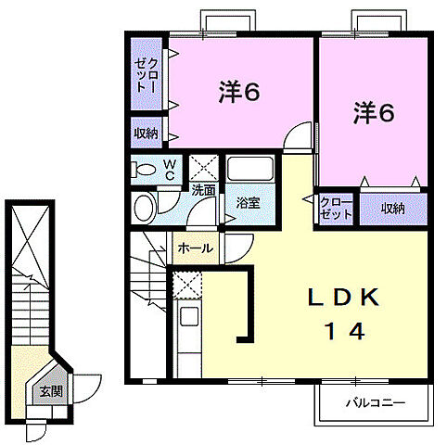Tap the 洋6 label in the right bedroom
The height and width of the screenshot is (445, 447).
[x=374, y=114]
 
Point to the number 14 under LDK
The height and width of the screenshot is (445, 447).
[x=342, y=331]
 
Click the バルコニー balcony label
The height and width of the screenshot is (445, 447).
[x=376, y=403]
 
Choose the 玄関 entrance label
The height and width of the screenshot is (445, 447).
[x=50, y=391]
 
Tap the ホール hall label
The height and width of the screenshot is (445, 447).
[x=195, y=248]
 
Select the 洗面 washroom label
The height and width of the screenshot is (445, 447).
[x=203, y=190]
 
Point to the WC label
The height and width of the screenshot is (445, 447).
[x=171, y=168]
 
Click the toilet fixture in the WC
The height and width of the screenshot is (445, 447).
[x=144, y=170]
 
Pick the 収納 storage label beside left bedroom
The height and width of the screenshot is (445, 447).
[x=147, y=133]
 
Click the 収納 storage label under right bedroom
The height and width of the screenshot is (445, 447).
[x=393, y=208]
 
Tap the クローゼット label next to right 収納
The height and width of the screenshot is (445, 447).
[x=337, y=207]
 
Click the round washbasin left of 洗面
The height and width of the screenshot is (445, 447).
[x=145, y=208]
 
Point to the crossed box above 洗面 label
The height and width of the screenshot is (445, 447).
[x=203, y=168]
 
